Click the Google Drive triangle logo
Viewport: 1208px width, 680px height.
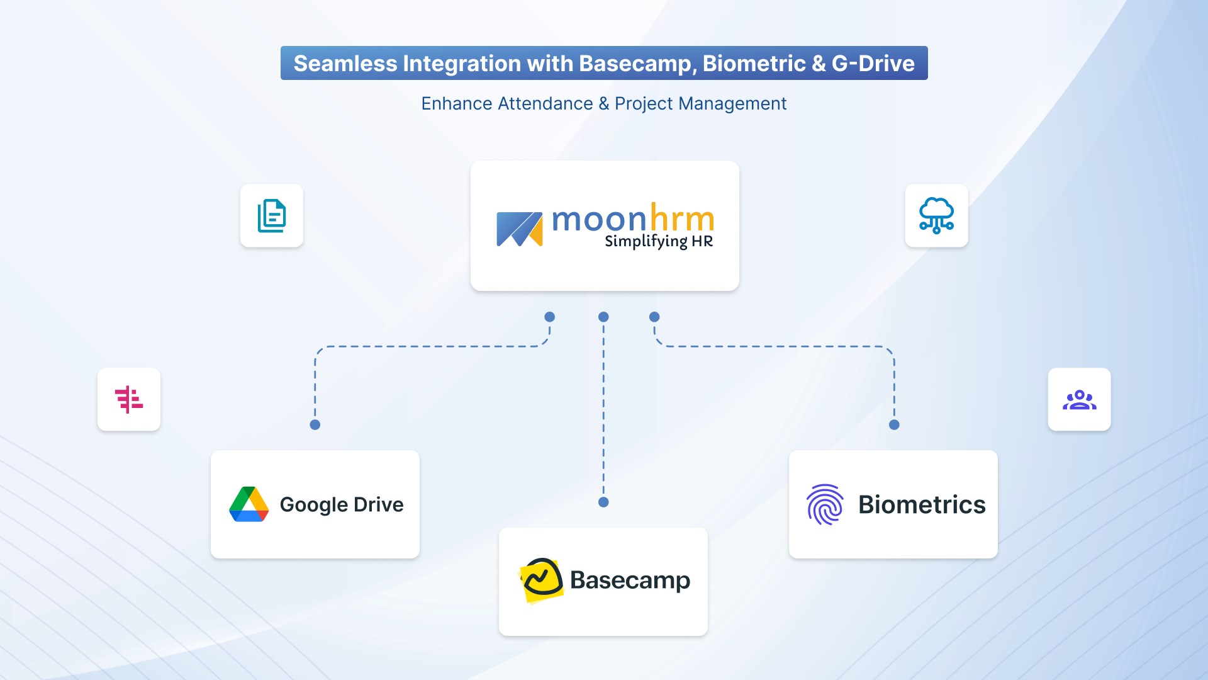click(249, 504)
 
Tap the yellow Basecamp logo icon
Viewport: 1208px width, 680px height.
click(541, 580)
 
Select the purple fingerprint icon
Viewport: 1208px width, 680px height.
click(825, 504)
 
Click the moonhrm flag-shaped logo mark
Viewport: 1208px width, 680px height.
click(519, 229)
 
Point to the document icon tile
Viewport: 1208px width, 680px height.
click(272, 216)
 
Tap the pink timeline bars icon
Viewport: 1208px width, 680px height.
click(129, 399)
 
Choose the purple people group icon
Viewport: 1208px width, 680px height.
click(1079, 399)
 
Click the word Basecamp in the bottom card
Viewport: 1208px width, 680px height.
click(630, 581)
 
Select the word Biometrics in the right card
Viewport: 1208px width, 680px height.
click(922, 504)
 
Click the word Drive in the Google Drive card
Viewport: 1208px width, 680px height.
click(378, 504)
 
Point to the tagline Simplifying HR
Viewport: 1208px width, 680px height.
click(659, 241)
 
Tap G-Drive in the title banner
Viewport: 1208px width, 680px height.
click(873, 64)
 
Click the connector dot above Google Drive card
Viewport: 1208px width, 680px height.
click(315, 425)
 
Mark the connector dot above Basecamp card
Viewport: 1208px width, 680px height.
click(603, 502)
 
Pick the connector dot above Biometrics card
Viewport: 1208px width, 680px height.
click(894, 425)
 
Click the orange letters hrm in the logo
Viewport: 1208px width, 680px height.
click(682, 218)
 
